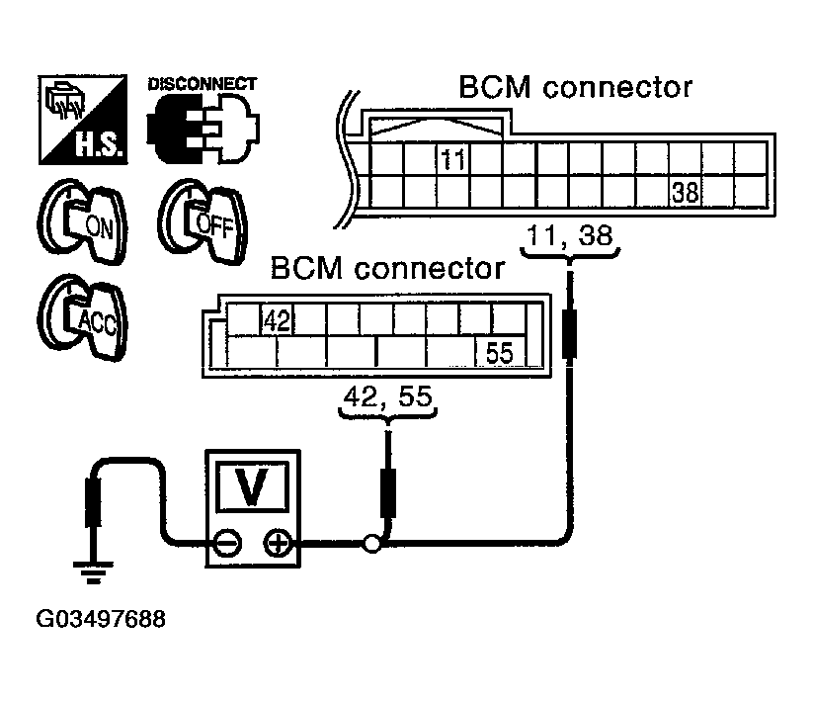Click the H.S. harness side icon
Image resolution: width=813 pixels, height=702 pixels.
pos(83,120)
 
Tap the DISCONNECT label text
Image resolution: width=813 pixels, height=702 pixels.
pos(203,83)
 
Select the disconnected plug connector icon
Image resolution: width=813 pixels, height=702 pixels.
pos(203,128)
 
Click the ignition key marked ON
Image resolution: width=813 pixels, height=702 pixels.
pos(82,222)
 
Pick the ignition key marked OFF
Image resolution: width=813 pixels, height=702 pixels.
pos(203,222)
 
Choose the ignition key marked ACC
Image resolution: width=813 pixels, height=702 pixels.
pos(82,317)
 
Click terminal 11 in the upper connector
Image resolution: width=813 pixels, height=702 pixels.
pos(452,159)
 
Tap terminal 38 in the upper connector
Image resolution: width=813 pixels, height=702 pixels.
pos(686,192)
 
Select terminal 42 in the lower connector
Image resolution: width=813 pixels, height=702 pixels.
pos(277,320)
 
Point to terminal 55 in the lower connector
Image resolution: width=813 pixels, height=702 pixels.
pos(500,353)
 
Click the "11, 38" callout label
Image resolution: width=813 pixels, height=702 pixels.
pos(570,235)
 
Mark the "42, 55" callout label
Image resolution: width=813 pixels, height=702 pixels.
pos(388,396)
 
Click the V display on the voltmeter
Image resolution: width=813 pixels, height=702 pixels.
pos(253,486)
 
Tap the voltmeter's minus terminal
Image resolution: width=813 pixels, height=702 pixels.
pos(227,544)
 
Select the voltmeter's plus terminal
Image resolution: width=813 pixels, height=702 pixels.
pos(278,544)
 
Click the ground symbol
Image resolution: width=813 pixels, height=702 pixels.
pos(93,571)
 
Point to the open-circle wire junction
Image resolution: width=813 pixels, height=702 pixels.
pos(371,544)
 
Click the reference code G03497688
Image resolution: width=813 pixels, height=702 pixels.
pos(101,619)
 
